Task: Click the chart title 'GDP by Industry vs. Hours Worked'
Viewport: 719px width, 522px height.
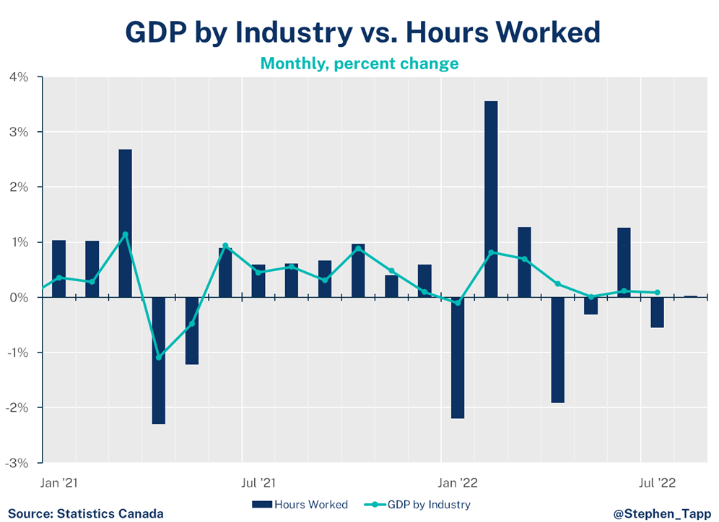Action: pyautogui.click(x=362, y=32)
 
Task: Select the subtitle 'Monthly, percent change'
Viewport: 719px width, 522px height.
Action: pyautogui.click(x=359, y=63)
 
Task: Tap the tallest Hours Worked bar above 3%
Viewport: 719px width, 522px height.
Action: pyautogui.click(x=491, y=198)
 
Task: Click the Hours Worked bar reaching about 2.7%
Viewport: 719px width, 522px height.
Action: pyautogui.click(x=126, y=223)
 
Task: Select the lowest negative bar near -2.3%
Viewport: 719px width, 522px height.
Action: pyautogui.click(x=159, y=360)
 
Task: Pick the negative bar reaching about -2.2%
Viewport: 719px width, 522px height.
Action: pyautogui.click(x=458, y=358)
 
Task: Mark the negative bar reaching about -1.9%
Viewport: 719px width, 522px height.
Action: pyautogui.click(x=557, y=350)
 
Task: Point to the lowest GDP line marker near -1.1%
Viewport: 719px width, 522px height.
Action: pyautogui.click(x=159, y=357)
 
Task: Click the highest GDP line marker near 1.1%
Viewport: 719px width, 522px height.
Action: pyautogui.click(x=126, y=234)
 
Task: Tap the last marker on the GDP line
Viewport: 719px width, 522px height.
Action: pyautogui.click(x=657, y=292)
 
